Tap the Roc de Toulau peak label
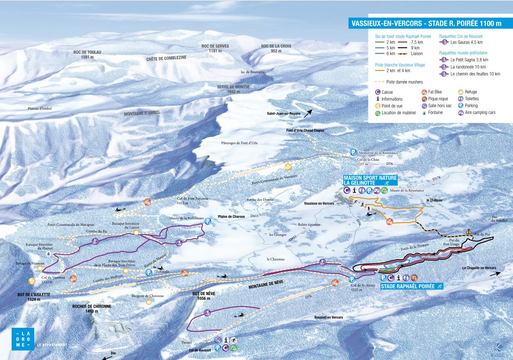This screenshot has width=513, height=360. coord(87,54)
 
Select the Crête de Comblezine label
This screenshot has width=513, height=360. coord(166,58)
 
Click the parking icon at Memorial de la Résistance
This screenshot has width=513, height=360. coord(353,152)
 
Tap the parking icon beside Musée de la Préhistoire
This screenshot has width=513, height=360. coord(208,221)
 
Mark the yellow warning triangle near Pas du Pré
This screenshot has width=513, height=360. coord(469,231)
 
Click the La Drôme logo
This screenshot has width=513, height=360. coord(23,339)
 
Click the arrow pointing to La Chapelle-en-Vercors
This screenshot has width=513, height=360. coord(495,273)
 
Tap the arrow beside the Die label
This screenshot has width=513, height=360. coord(106,357)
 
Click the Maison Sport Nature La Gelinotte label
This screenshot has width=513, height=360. coord(370,180)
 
